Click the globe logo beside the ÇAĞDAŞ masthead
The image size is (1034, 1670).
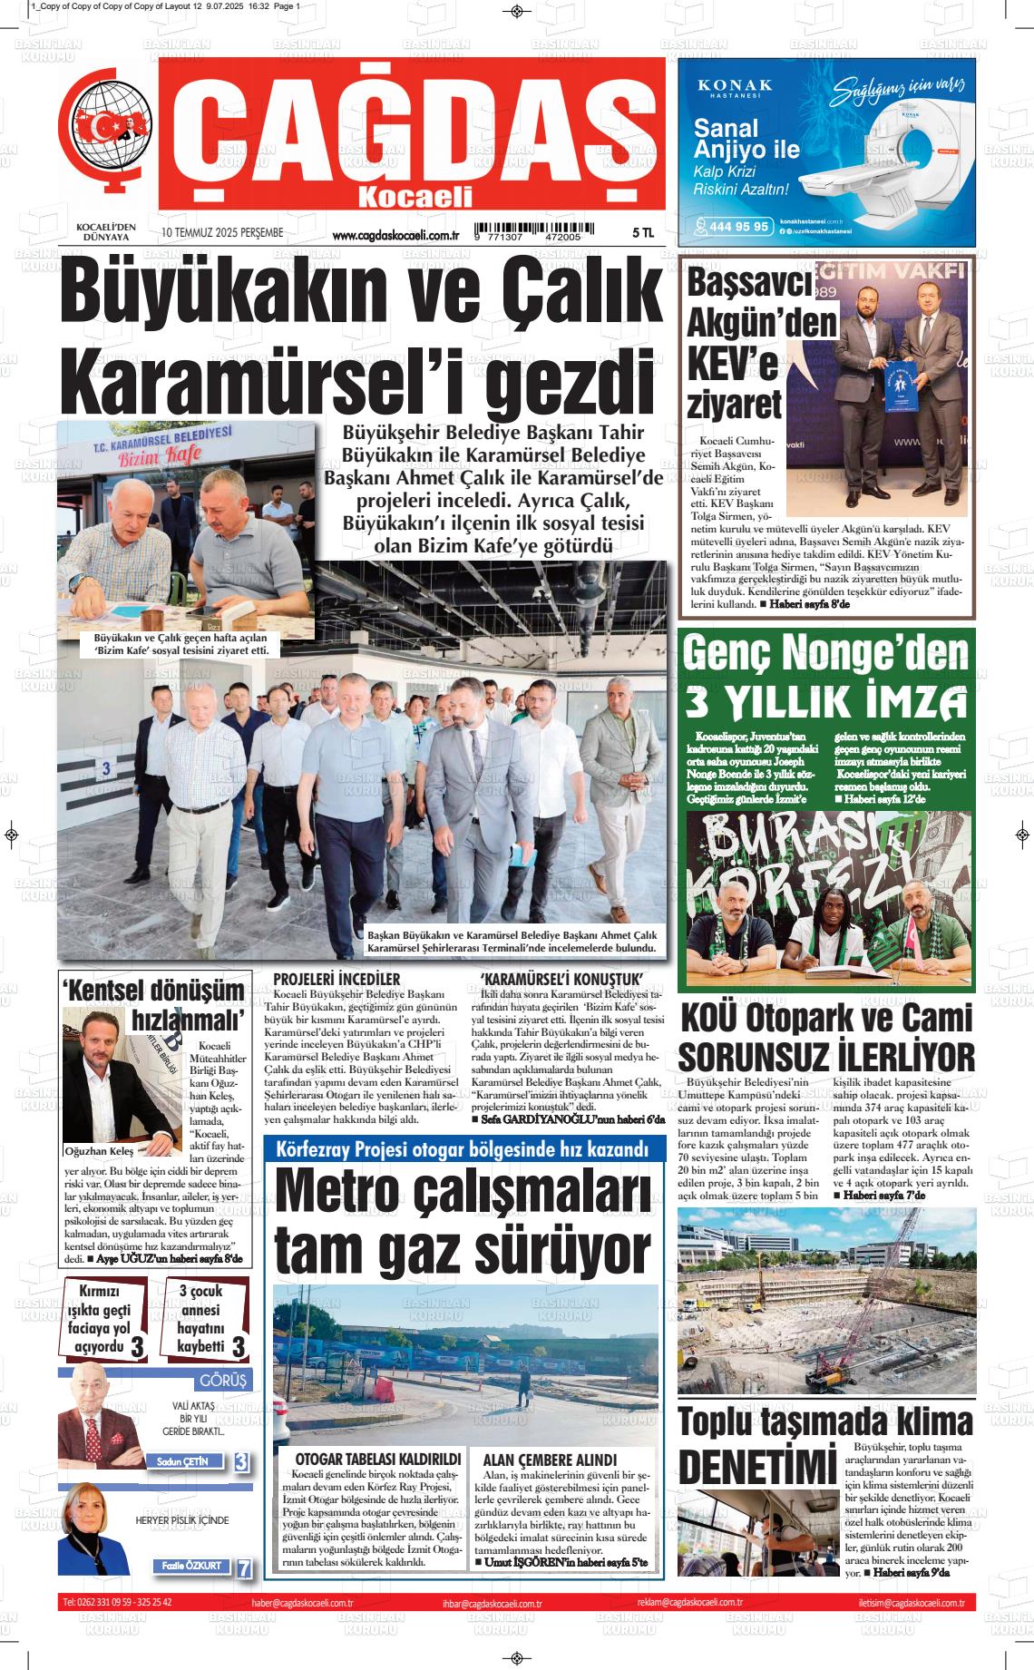pyautogui.click(x=105, y=127)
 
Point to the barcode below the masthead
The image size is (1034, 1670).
pyautogui.click(x=536, y=231)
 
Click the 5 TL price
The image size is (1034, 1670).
pyautogui.click(x=642, y=234)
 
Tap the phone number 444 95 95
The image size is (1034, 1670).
pyautogui.click(x=740, y=227)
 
